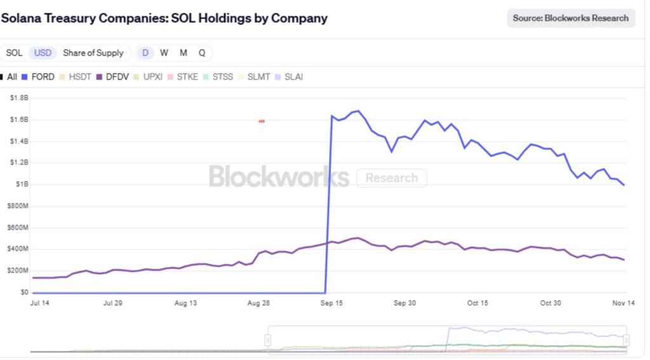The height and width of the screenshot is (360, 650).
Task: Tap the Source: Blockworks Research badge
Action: [571, 18]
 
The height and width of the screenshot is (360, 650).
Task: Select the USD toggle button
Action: [43, 53]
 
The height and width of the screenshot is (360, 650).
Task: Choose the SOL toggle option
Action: [14, 53]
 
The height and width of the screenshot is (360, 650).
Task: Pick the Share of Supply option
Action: [95, 53]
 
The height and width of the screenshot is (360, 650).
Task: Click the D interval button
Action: [145, 53]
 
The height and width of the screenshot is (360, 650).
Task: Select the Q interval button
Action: [202, 53]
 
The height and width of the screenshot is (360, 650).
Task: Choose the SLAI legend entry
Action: [289, 77]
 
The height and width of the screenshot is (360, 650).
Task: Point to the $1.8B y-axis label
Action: [19, 98]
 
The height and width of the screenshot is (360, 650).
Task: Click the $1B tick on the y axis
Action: [22, 184]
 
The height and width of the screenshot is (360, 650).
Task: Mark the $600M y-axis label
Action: [18, 227]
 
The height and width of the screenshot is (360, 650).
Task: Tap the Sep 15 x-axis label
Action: [331, 303]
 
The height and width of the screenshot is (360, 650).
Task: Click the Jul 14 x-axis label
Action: [39, 303]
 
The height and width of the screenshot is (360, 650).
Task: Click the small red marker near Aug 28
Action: [262, 121]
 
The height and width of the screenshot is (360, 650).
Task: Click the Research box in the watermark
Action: [392, 178]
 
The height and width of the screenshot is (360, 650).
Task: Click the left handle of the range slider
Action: [268, 340]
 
